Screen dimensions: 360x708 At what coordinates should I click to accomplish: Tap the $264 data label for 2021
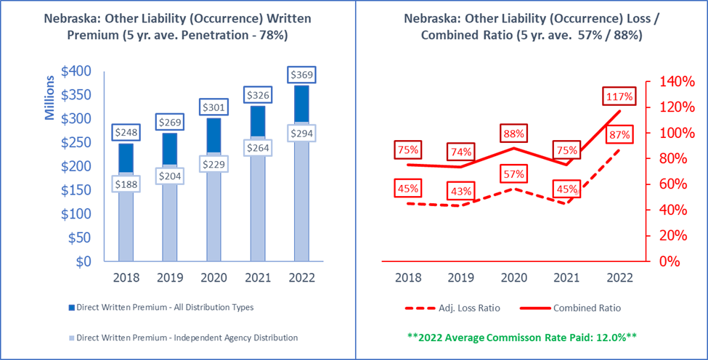pyautogui.click(x=258, y=148)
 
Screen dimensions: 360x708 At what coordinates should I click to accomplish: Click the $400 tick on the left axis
pyautogui.click(x=76, y=70)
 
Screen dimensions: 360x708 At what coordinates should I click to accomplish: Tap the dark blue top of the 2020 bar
pyautogui.click(x=214, y=138)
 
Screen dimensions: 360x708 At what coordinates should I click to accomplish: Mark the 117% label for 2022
pyautogui.click(x=614, y=96)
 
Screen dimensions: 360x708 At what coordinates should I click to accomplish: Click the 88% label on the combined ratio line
pyautogui.click(x=514, y=134)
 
